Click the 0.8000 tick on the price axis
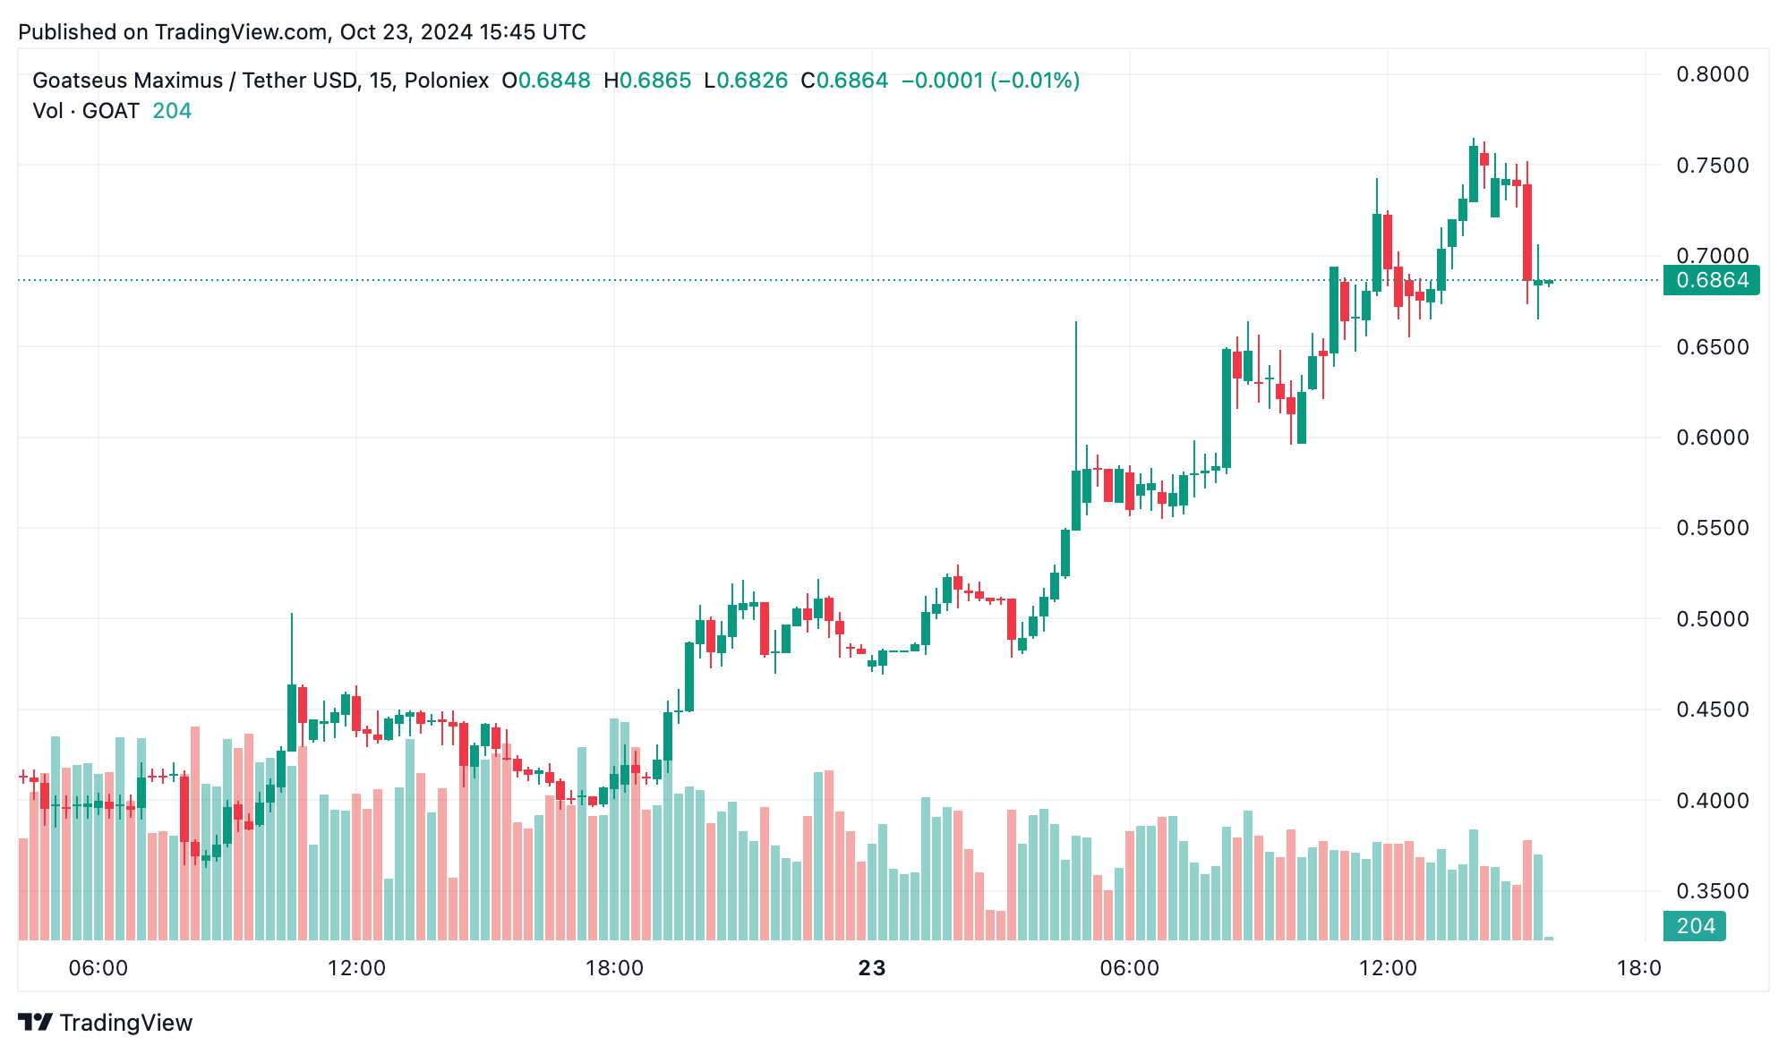pyautogui.click(x=1712, y=74)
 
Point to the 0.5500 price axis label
pyautogui.click(x=1712, y=528)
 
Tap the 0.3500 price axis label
pyautogui.click(x=1712, y=891)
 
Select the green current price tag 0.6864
pyautogui.click(x=1711, y=280)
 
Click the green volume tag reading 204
pyautogui.click(x=1695, y=926)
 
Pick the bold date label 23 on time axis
pyautogui.click(x=871, y=968)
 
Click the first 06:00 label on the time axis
pyautogui.click(x=98, y=968)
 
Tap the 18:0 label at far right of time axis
pyautogui.click(x=1638, y=968)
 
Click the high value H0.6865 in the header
pyautogui.click(x=647, y=81)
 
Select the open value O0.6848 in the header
pyautogui.click(x=545, y=81)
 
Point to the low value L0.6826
pyautogui.click(x=746, y=81)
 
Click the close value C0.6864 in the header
pyautogui.click(x=844, y=81)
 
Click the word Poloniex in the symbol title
pyautogui.click(x=446, y=81)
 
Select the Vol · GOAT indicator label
pyautogui.click(x=86, y=111)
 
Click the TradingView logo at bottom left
pyautogui.click(x=105, y=1023)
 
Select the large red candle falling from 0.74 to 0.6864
pyautogui.click(x=1527, y=233)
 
